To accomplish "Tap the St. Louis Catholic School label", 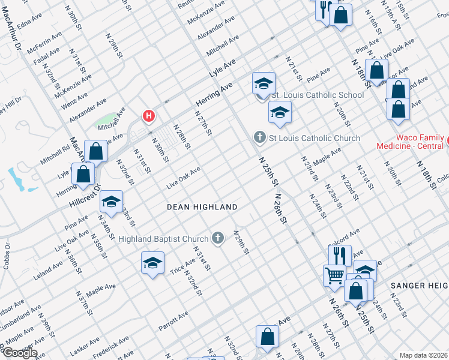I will tap(318, 95).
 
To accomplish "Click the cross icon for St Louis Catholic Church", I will tap(260, 138).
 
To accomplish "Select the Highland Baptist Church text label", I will tap(163, 239).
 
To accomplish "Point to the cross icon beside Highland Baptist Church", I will tap(218, 239).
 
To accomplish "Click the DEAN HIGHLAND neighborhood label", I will tap(202, 207).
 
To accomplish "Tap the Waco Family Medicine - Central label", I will tap(410, 142).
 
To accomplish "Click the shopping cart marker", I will tap(334, 275).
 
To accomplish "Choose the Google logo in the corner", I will tap(19, 353).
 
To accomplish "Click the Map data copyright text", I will tap(424, 355).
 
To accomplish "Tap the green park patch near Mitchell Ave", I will tap(106, 119).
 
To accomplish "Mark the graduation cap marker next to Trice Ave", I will tap(152, 263).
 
